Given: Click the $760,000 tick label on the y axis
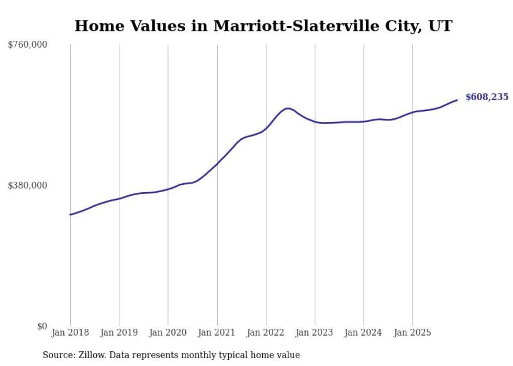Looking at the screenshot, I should (27, 45).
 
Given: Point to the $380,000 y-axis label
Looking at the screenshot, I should (27, 185).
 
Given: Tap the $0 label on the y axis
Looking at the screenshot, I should (42, 326).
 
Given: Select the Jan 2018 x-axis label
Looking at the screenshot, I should (70, 333).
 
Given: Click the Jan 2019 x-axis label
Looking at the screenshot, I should (119, 333).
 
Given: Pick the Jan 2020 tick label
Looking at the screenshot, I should (168, 333).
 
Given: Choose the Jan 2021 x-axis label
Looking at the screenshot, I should (217, 333).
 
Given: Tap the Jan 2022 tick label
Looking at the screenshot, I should (266, 333).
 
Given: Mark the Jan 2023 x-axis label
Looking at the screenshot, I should (315, 333).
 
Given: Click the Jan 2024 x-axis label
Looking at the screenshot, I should (363, 333).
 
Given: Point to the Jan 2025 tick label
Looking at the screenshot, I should (412, 333).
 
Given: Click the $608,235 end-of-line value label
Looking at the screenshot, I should (487, 97).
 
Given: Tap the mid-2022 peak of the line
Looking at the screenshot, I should (287, 108).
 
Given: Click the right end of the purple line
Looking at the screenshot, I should (457, 100).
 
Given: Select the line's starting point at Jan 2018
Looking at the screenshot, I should (70, 215).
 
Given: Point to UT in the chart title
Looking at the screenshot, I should (441, 26).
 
